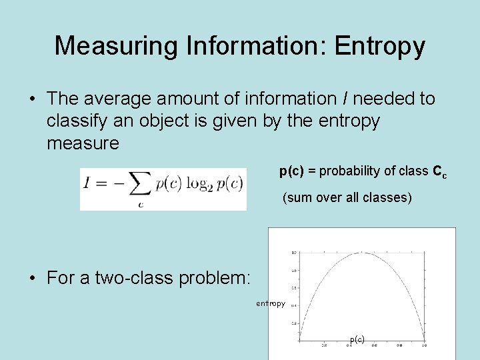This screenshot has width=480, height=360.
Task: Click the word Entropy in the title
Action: point(380,46)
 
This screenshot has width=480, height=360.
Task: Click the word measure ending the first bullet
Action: point(83,143)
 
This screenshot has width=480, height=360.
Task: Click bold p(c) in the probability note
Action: point(291,171)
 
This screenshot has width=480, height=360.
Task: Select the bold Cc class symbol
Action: point(439,172)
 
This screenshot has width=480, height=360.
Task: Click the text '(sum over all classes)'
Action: point(347,198)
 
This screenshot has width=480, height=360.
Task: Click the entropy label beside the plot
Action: point(271,303)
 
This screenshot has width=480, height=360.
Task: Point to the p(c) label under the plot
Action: point(357,339)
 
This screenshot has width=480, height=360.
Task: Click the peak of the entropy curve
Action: point(362,253)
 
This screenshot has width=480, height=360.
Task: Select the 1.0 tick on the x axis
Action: point(424,345)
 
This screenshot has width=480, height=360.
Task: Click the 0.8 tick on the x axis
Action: point(399,345)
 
